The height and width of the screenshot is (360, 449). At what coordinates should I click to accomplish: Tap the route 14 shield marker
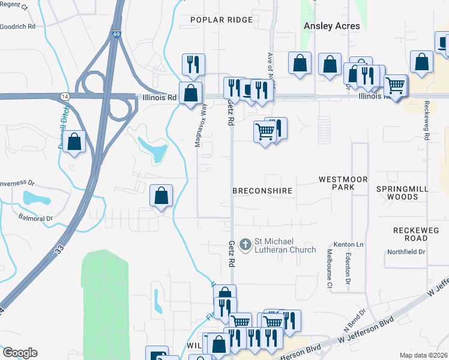coord(64,96)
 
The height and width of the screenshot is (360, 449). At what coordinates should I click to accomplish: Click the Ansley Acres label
coord(332,26)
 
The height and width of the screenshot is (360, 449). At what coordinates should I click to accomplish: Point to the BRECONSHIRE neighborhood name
coord(262,191)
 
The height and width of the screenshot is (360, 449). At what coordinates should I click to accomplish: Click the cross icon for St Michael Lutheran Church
coord(245,244)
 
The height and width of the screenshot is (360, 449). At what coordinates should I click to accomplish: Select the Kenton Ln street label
coord(351,245)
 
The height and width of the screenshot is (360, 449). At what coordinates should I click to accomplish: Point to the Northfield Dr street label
coord(406,252)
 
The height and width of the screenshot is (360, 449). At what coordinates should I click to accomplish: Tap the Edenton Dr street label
coord(348,268)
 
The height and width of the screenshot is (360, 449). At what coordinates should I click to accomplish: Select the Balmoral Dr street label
coord(35,218)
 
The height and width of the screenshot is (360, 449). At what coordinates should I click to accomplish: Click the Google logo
coord(20,352)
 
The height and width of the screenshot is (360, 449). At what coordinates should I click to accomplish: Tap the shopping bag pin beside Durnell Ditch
coord(74,142)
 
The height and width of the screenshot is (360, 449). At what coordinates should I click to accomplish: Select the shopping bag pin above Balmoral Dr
coord(161,196)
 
